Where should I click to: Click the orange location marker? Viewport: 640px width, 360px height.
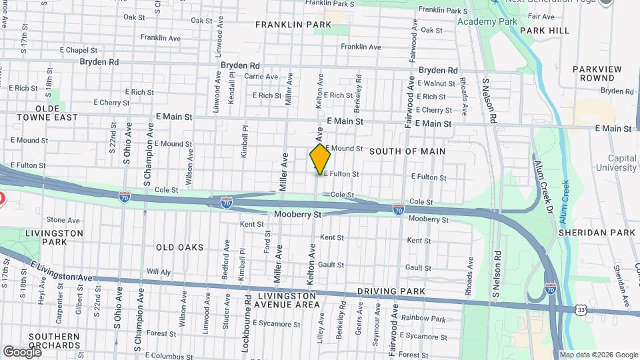[321, 159]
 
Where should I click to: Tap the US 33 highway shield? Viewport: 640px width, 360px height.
[581, 309]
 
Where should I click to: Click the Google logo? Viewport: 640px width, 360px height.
[21, 351]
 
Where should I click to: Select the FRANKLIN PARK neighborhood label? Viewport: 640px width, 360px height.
[293, 25]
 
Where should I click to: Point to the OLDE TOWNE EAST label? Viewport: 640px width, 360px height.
[47, 113]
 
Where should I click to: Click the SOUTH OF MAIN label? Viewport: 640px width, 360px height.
[407, 151]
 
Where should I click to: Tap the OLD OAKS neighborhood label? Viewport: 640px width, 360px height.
[179, 247]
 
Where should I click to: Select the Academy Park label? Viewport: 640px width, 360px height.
[487, 21]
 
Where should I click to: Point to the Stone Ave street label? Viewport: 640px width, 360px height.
[63, 220]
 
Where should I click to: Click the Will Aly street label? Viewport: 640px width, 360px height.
[159, 272]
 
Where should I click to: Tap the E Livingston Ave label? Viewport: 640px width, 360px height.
[61, 272]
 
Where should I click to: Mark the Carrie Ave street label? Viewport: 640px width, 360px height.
[261, 77]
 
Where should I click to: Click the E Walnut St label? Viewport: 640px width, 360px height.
[436, 83]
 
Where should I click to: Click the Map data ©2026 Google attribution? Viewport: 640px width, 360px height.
[598, 355]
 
